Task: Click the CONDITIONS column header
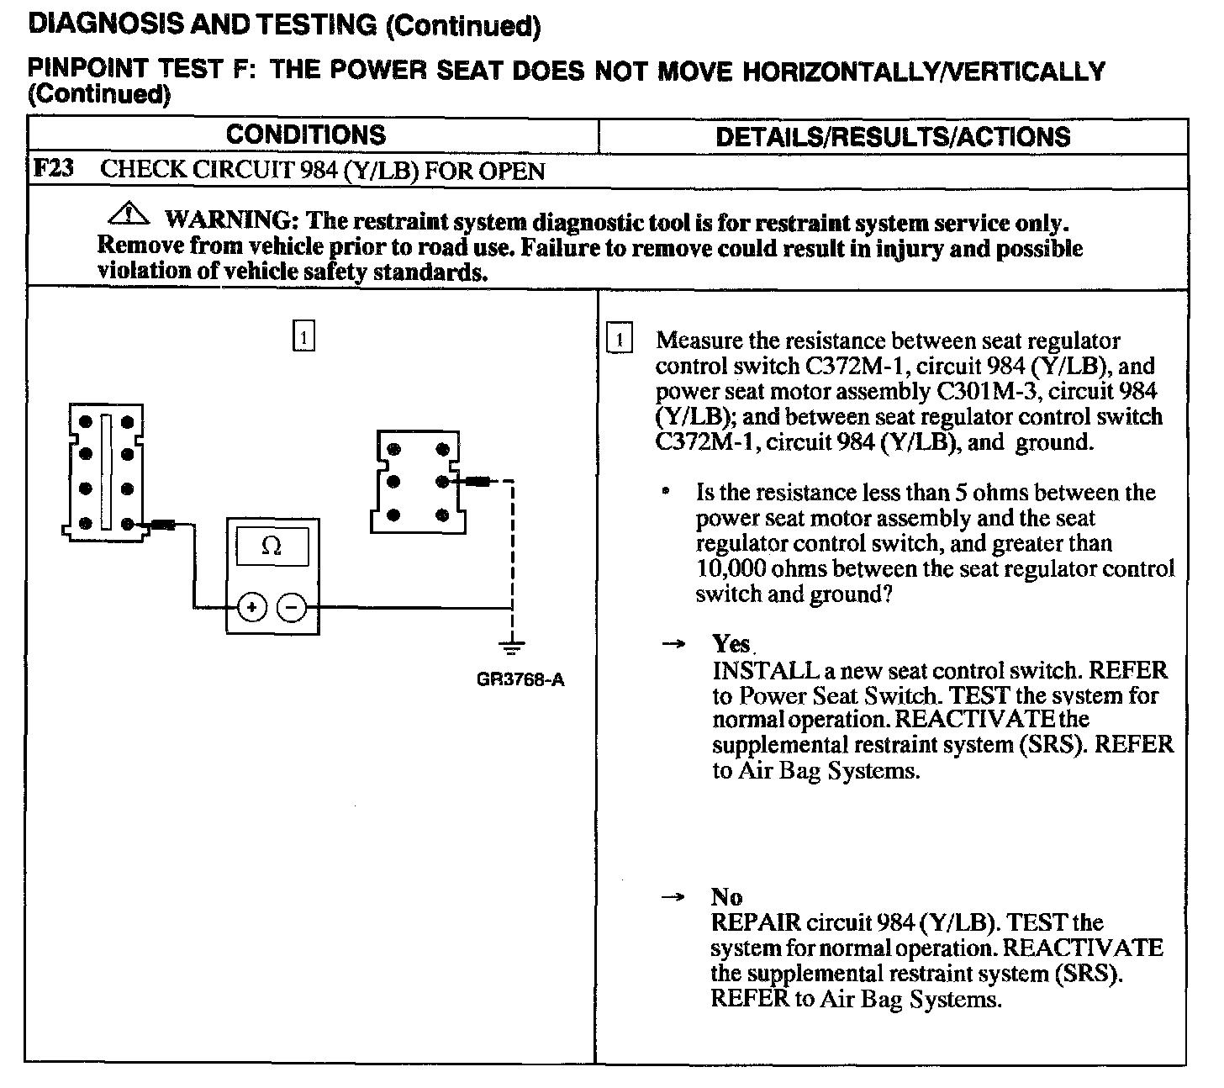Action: [x=306, y=135]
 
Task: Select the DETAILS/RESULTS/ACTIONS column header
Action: [x=893, y=137]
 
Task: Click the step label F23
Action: [x=52, y=169]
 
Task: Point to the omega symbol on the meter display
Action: [x=272, y=547]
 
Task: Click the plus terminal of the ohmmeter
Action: [x=252, y=606]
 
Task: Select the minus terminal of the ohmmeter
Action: [x=292, y=606]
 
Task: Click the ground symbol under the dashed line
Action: [x=511, y=647]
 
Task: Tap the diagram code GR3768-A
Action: [x=520, y=679]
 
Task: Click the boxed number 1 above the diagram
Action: [x=303, y=336]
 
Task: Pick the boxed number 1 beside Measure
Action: [x=619, y=340]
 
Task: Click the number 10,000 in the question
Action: [x=731, y=569]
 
